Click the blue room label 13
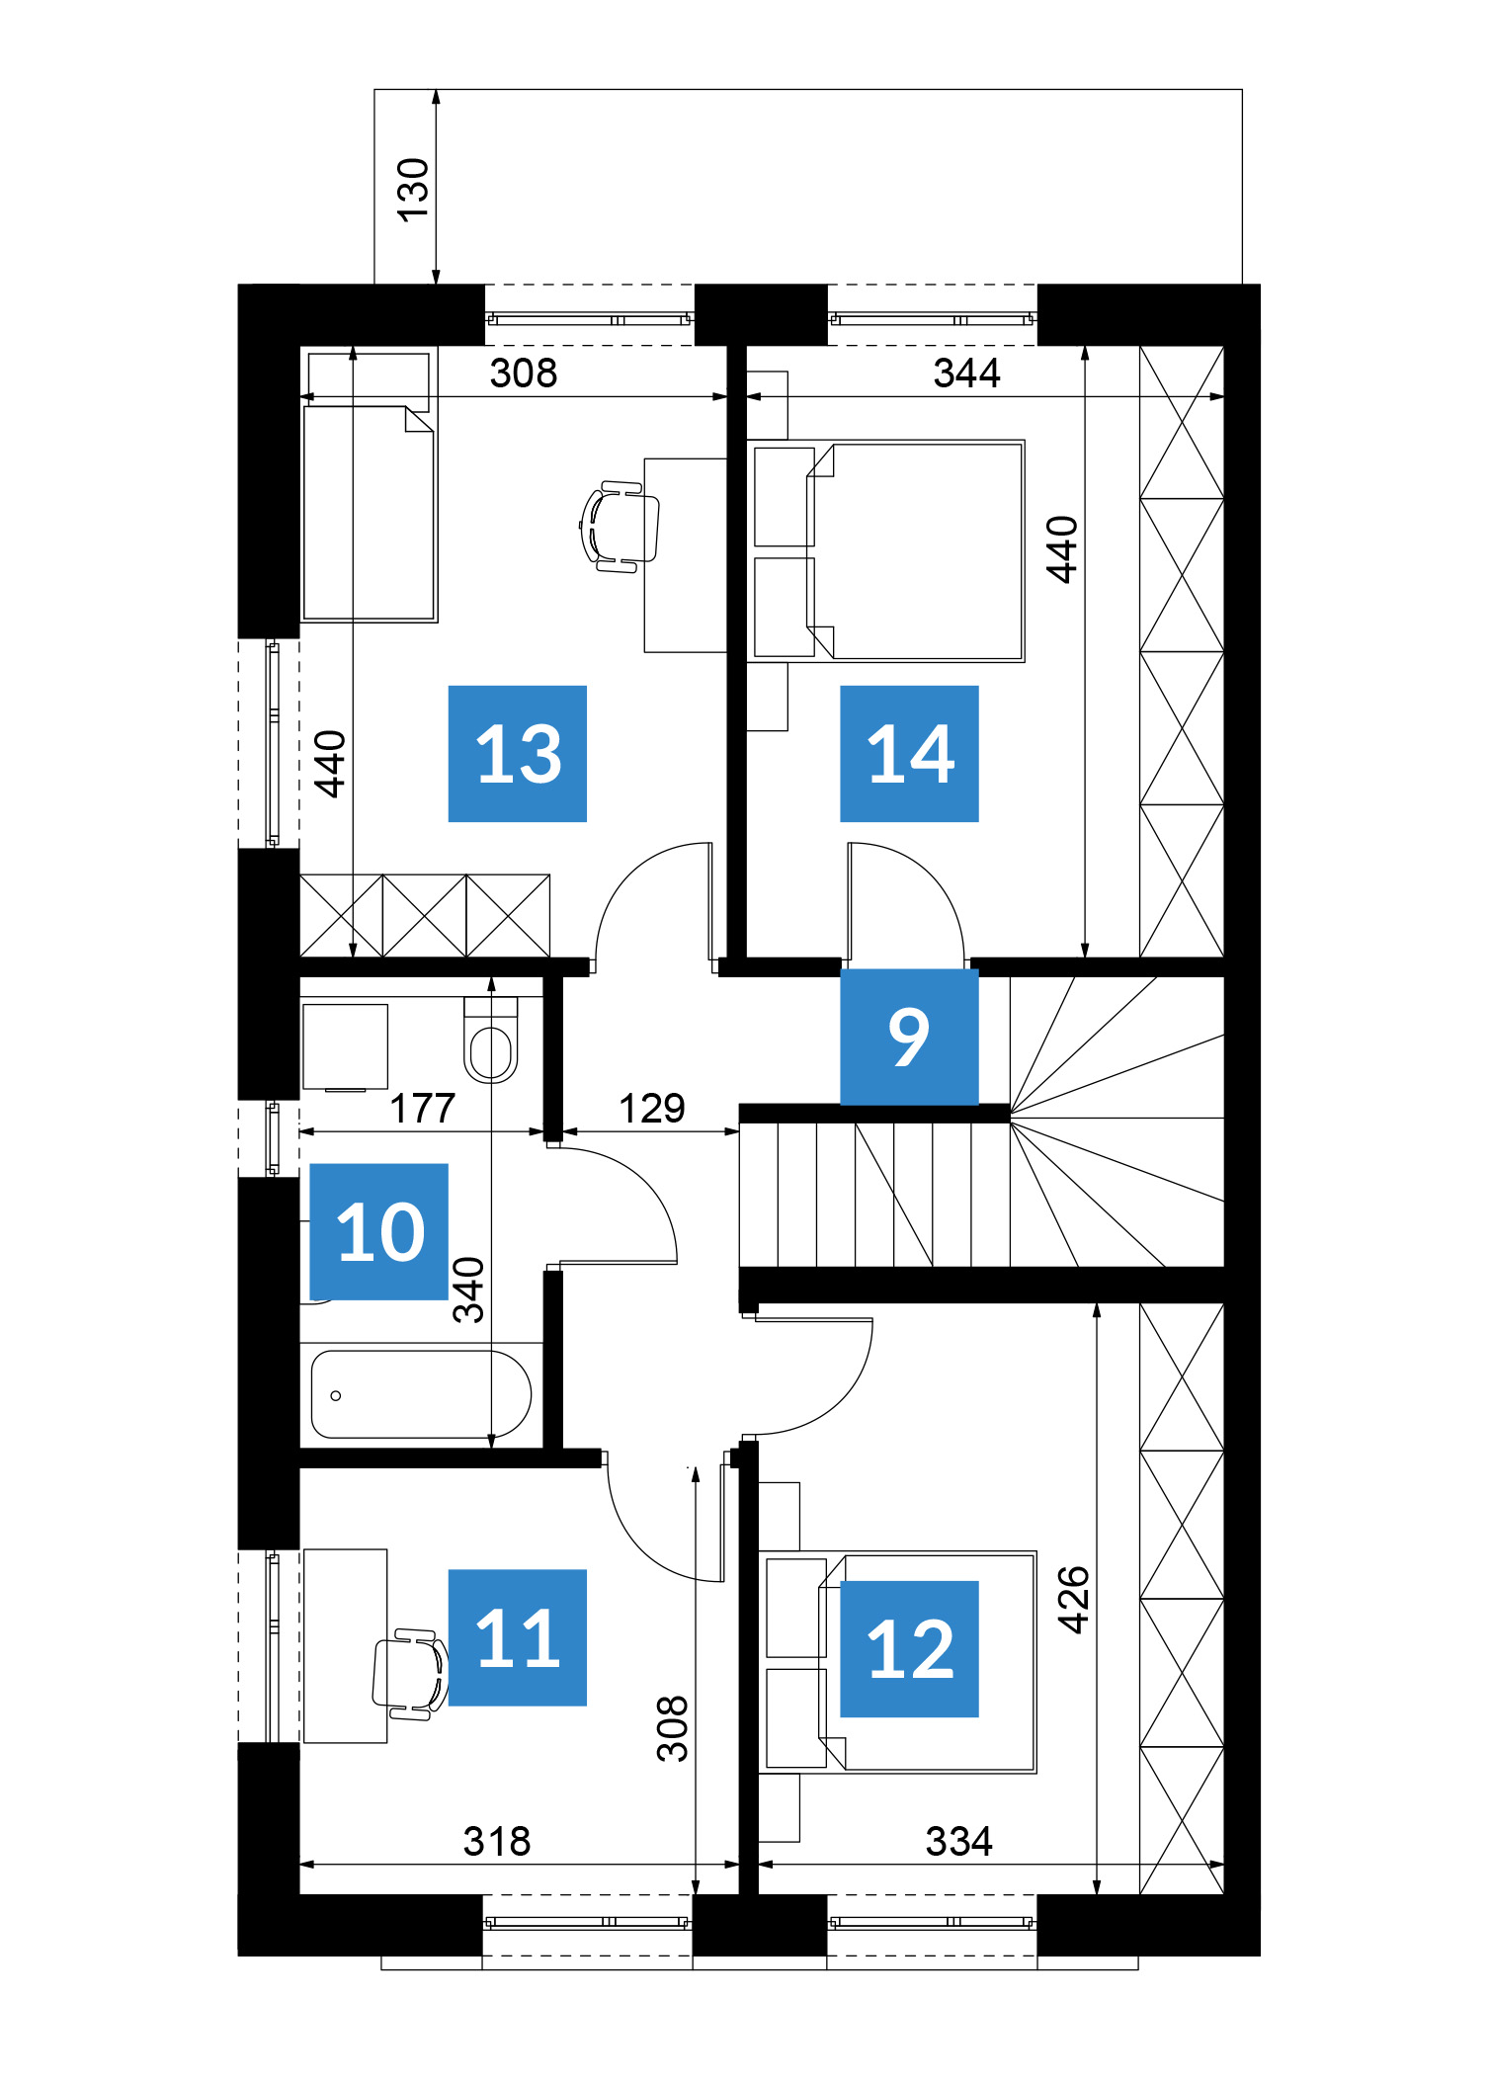point(517,753)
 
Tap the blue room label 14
point(909,753)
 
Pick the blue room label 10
point(379,1231)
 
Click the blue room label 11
point(517,1637)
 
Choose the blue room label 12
point(909,1649)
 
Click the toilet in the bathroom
point(491,1040)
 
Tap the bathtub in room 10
point(421,1394)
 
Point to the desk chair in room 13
point(620,527)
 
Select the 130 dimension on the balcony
point(413,190)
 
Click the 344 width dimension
point(966,374)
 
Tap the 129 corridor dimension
point(652,1109)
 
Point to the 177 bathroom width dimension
point(423,1109)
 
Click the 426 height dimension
point(1073,1600)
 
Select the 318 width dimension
point(497,1842)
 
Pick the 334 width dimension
point(958,1842)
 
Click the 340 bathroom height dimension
point(468,1290)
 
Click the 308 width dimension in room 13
point(524,374)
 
